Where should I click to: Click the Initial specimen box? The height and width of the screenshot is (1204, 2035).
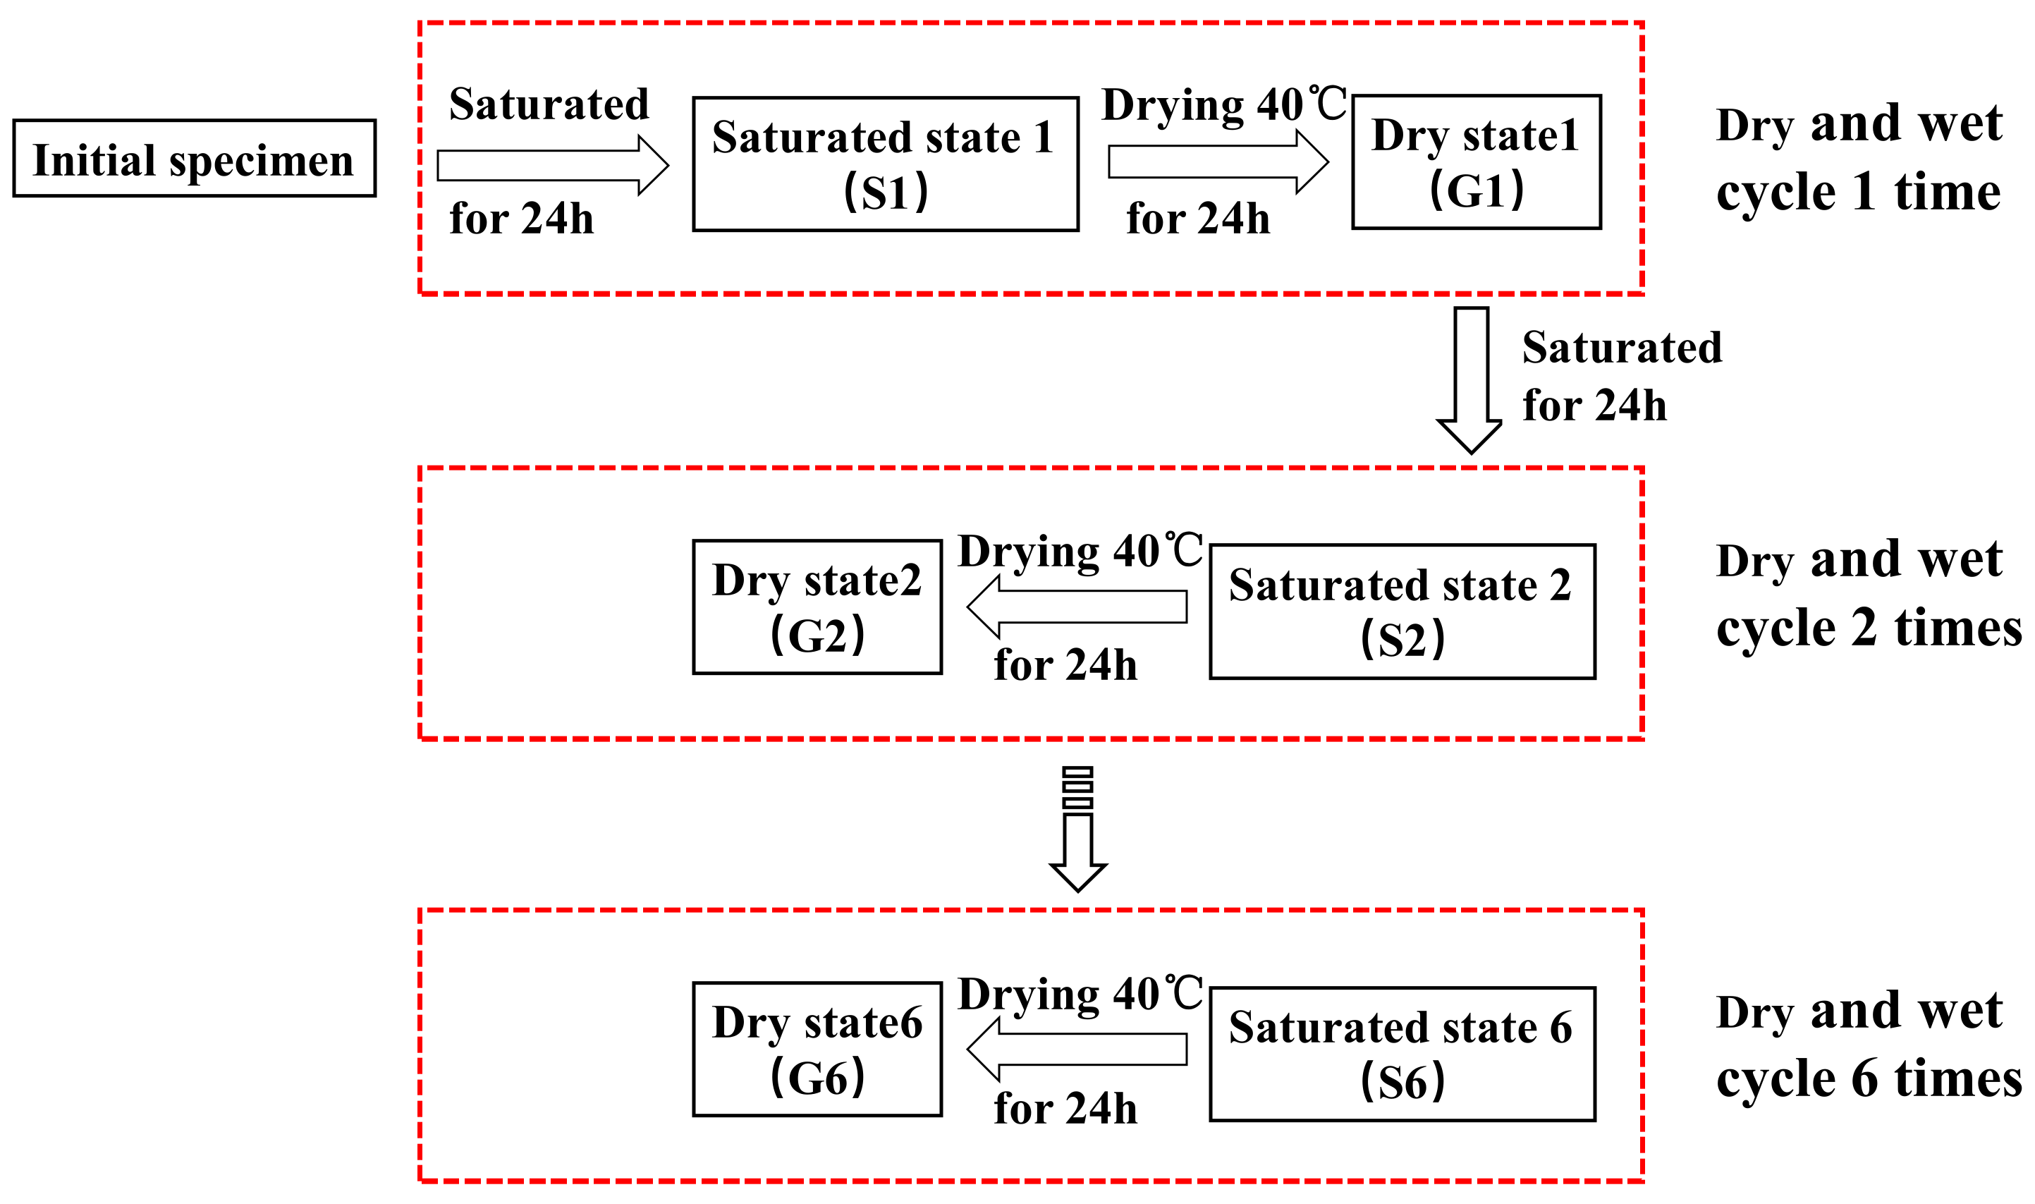pos(195,158)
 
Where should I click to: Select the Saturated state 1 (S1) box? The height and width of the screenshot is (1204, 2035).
pos(885,164)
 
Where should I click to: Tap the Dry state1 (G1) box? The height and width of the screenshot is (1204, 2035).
pos(1476,162)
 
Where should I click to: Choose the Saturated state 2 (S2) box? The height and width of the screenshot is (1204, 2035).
pos(1402,612)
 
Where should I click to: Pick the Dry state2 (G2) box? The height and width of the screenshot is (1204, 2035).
pos(817,607)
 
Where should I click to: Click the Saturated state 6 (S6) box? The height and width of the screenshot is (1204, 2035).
pos(1402,1054)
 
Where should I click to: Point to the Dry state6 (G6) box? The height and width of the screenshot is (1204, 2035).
pos(817,1049)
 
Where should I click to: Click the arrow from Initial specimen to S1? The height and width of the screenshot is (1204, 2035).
pos(552,166)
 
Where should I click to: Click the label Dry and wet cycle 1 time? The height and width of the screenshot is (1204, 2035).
pos(1859,158)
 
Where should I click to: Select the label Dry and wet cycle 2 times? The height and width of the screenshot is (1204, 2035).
pos(1869,594)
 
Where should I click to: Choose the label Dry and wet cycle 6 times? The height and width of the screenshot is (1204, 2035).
pos(1869,1045)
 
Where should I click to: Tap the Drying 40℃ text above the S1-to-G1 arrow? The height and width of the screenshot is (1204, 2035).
pos(1224,106)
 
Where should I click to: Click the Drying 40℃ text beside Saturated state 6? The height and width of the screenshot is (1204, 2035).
pos(1080,994)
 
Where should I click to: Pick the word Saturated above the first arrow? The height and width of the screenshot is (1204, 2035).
pos(549,104)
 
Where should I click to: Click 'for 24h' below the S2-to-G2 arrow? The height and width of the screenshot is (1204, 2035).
pos(1065,665)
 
